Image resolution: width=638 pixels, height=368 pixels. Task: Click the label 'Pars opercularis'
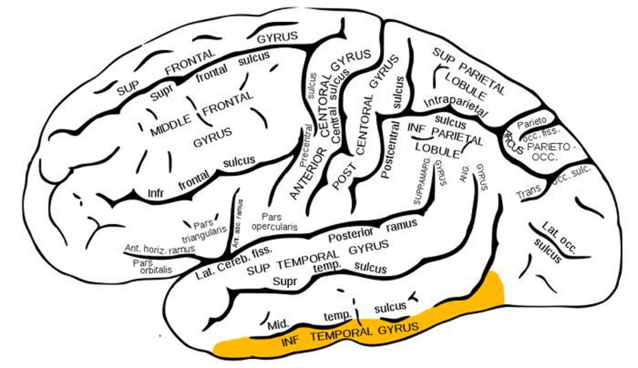click(x=274, y=222)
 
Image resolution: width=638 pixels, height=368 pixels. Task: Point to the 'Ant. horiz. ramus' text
click(x=160, y=249)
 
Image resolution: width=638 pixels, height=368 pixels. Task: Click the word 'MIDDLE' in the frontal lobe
click(x=171, y=125)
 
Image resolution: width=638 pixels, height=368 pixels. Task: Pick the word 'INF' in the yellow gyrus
click(x=290, y=341)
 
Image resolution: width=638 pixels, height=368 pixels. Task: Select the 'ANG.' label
click(x=465, y=173)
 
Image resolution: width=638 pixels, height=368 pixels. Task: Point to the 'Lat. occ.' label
click(x=558, y=238)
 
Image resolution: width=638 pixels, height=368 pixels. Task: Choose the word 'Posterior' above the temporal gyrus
click(x=351, y=235)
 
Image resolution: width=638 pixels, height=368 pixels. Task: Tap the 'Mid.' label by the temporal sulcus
click(x=278, y=323)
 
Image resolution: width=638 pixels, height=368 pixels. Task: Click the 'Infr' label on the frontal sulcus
click(x=156, y=193)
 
